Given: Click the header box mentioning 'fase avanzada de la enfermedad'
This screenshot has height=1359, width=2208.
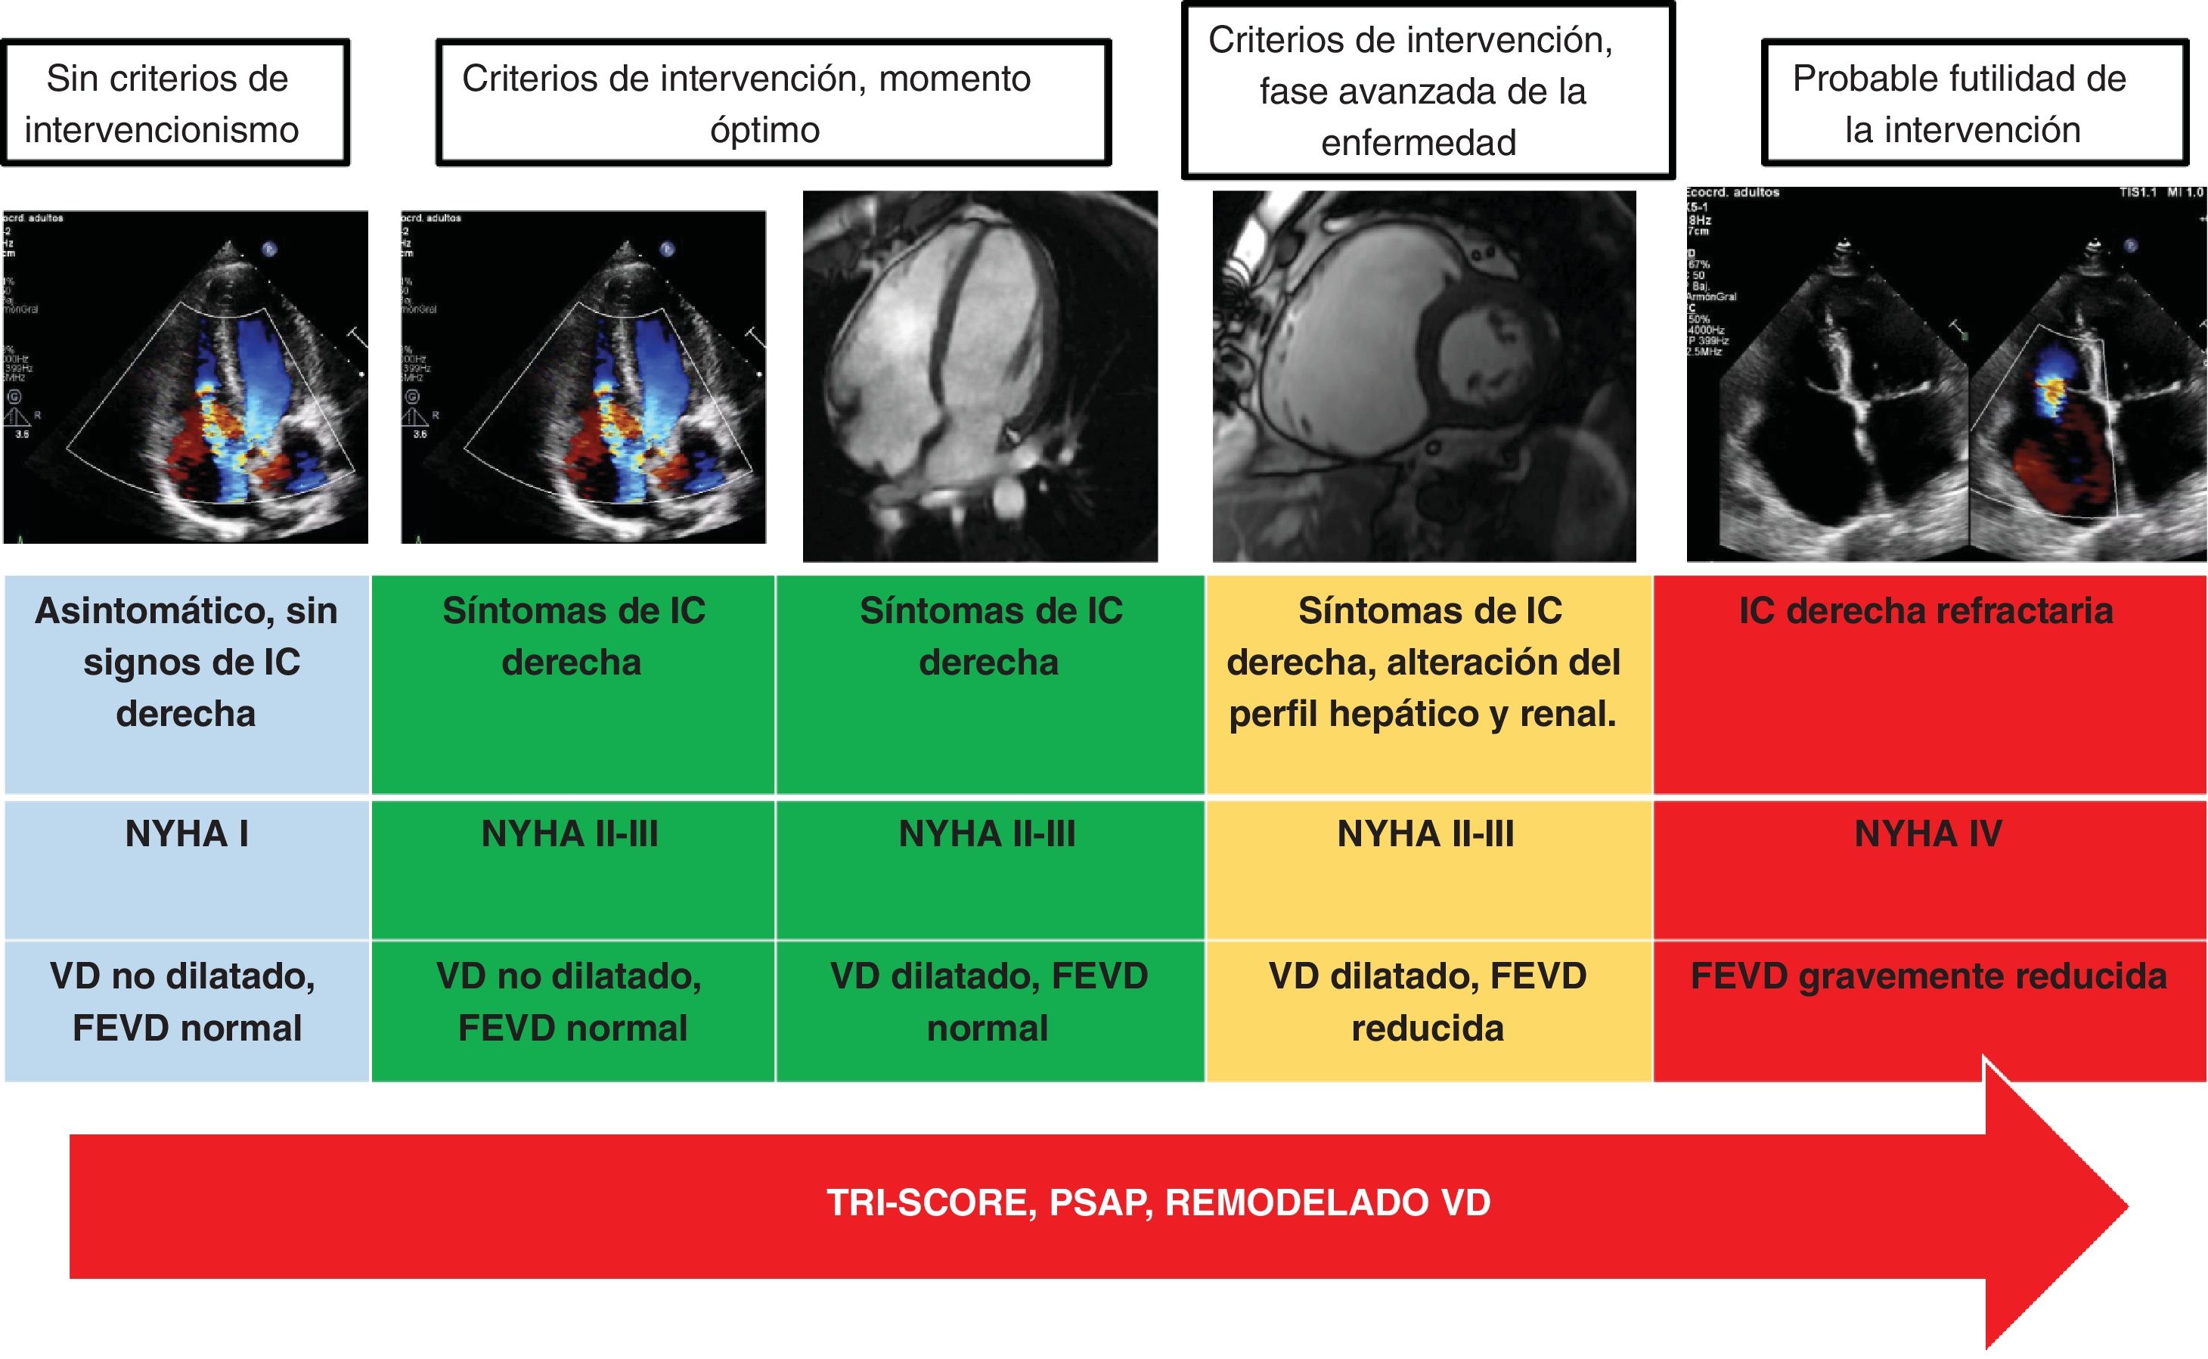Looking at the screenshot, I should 1427,91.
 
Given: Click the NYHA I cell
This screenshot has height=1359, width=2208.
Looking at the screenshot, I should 187,835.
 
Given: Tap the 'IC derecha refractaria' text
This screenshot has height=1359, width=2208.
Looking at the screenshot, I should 1926,612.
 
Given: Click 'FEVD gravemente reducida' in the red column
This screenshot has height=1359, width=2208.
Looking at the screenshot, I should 1928,977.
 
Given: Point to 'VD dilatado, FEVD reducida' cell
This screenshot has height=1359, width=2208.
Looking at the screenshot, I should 1427,1002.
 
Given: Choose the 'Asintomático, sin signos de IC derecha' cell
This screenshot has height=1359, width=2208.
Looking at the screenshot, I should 187,662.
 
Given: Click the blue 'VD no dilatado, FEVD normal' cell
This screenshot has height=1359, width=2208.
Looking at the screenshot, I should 187,1002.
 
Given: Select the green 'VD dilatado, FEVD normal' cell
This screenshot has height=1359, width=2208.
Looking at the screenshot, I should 988,1002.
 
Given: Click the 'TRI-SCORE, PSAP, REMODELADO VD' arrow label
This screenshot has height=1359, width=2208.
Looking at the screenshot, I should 1158,1203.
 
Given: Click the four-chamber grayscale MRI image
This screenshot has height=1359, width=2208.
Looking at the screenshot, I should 979,377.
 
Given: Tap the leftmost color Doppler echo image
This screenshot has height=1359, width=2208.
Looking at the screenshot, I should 186,377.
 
